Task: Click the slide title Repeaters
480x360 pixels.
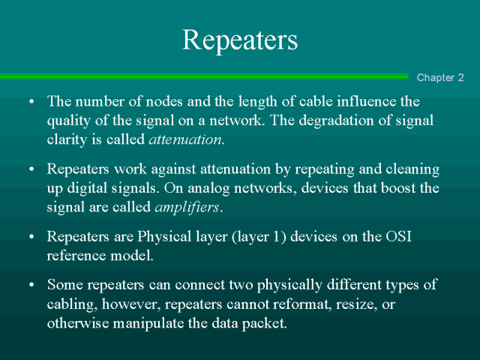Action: click(x=240, y=40)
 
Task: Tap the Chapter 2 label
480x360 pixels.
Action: click(x=440, y=77)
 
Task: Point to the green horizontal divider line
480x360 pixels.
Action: click(x=204, y=76)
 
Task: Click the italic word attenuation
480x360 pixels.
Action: click(x=185, y=139)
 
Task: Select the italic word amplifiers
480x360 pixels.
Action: click(x=187, y=207)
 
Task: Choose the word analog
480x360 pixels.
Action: click(x=208, y=188)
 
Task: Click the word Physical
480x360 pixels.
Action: click(x=164, y=237)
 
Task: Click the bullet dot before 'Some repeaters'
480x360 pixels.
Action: click(x=31, y=285)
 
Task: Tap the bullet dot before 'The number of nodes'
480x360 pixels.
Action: click(x=31, y=102)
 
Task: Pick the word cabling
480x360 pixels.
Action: click(x=72, y=305)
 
